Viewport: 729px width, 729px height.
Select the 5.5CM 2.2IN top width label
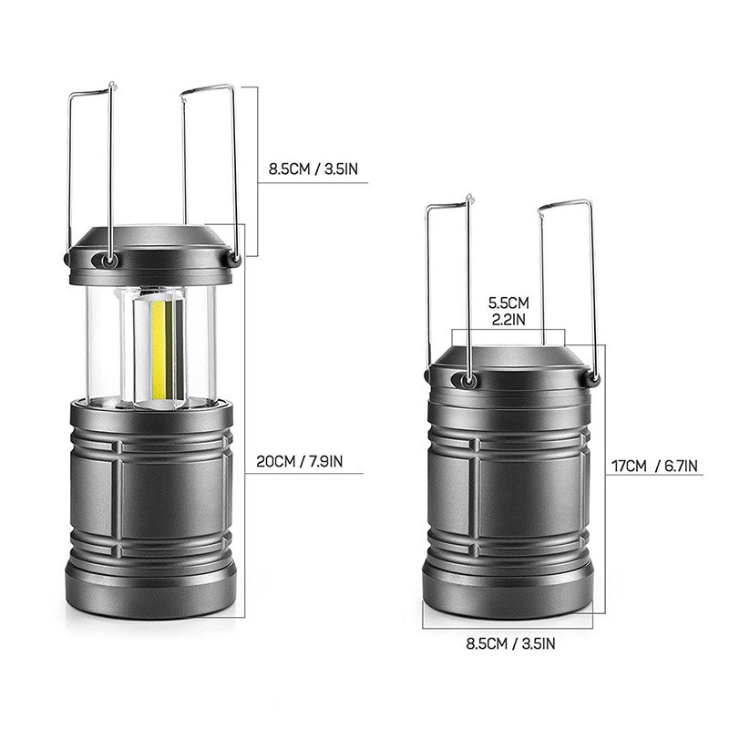click(508, 309)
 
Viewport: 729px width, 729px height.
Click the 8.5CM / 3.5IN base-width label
click(509, 643)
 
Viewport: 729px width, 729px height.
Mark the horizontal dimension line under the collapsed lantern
click(509, 628)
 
